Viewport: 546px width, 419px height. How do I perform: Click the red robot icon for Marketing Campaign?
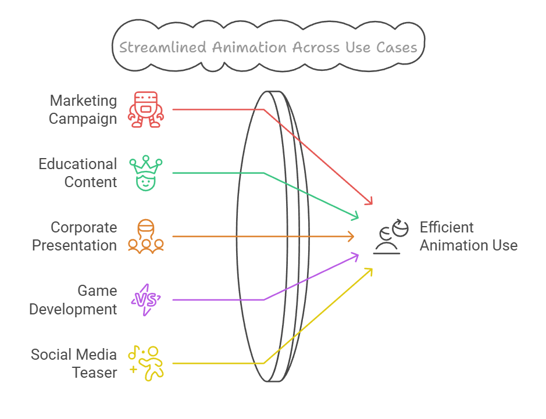pos(147,109)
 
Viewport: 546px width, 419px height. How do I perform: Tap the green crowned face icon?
pos(147,173)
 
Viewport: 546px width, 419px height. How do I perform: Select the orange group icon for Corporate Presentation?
pos(147,236)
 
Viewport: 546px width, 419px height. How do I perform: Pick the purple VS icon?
pos(146,299)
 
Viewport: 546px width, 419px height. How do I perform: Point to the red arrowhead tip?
pos(372,205)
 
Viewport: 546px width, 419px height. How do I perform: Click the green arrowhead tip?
pos(359,219)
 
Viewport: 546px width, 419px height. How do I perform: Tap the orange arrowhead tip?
pos(355,236)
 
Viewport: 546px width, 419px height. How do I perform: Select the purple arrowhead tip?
pos(359,254)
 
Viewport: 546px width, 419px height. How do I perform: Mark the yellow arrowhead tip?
pos(372,268)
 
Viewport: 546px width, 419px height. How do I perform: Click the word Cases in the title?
pos(397,47)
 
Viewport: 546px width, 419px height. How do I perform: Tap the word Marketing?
pos(83,101)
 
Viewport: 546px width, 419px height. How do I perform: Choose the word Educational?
pos(78,164)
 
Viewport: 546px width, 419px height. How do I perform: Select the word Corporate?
pos(84,227)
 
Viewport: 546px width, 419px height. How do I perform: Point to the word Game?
pos(97,291)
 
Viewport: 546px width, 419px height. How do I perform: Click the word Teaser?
pos(95,372)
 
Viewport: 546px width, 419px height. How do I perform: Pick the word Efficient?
pos(447,227)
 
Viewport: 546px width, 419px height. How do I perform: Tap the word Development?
pos(73,309)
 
